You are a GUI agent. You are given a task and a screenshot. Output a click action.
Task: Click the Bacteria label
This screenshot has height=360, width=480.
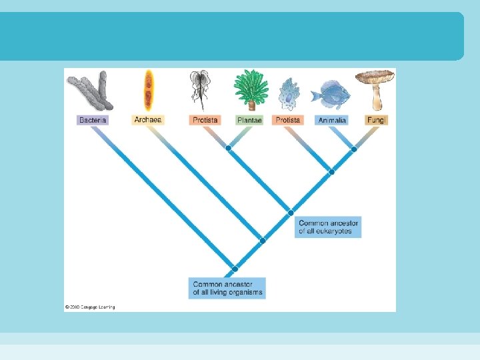coord(93,120)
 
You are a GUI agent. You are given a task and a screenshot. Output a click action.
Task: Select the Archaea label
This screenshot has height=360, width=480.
coord(148,120)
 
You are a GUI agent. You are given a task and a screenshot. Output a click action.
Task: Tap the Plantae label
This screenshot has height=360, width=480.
coord(249,120)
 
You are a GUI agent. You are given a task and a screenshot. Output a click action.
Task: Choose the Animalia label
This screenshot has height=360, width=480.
coord(332,120)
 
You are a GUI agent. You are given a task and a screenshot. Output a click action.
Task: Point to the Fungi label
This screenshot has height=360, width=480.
coord(377,120)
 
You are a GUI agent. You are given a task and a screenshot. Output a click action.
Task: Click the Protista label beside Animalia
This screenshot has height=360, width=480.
coord(288,120)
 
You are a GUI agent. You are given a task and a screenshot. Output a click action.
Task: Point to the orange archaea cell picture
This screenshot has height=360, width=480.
coord(149,90)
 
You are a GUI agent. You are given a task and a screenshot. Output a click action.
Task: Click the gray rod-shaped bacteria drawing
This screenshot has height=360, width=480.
coord(91,92)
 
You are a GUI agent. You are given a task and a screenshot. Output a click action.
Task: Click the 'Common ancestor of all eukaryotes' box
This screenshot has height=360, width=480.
coord(328,227)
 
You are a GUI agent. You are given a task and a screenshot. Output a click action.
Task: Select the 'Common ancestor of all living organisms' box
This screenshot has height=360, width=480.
coord(227,288)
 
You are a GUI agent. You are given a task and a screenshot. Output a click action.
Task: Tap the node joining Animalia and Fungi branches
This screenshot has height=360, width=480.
coord(354,149)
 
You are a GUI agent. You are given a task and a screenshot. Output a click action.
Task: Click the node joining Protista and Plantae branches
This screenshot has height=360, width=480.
coord(228,148)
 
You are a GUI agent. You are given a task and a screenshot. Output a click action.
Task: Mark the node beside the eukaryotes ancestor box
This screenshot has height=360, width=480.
coord(291,213)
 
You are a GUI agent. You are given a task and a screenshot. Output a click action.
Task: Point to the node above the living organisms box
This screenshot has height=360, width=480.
coord(235,269)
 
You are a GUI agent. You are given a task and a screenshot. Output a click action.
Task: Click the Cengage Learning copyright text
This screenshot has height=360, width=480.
coord(90,307)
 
